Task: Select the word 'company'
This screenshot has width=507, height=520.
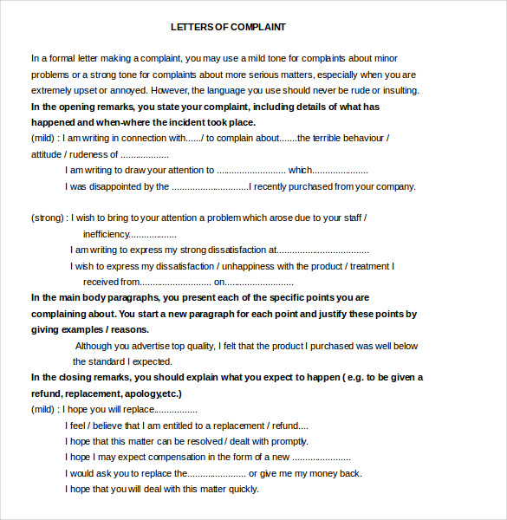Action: point(395,185)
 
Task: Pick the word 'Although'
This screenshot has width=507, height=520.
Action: point(95,346)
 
